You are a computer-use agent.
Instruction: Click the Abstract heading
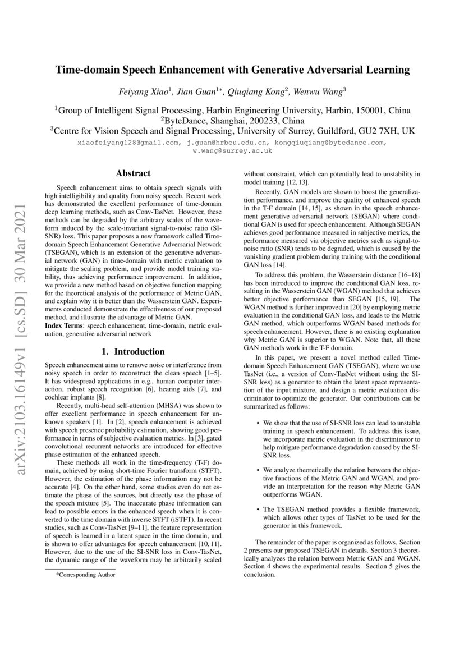point(132,174)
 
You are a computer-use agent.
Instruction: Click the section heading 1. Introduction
point(132,352)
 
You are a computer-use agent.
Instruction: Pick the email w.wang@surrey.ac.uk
point(232,150)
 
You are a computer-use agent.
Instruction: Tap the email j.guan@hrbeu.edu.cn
point(219,143)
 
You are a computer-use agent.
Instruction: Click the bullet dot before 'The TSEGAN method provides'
point(257,508)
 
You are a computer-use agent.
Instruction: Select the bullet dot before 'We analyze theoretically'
point(257,469)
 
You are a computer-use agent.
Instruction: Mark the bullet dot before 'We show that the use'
point(257,423)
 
